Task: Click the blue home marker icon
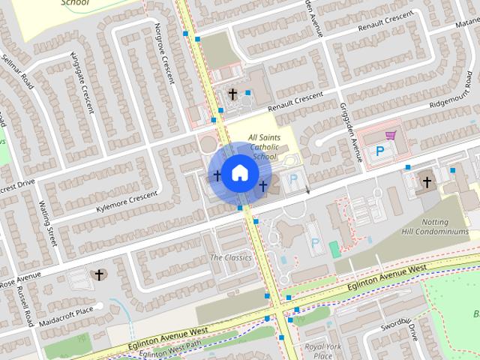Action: coord(239,173)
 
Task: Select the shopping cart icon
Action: coord(390,136)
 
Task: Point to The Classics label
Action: coord(230,258)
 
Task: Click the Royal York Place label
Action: coord(322,351)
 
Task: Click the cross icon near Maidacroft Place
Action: coord(98,275)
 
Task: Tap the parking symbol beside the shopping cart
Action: coord(379,151)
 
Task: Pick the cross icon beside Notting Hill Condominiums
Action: coord(427,181)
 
